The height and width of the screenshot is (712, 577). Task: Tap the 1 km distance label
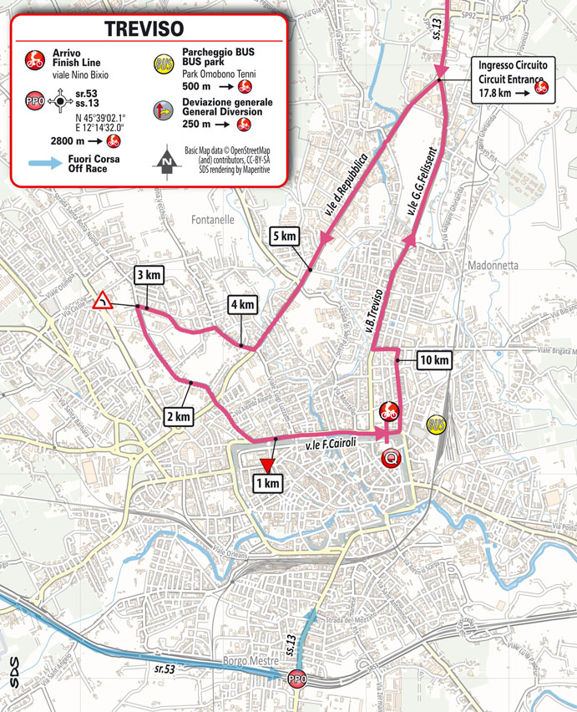(268, 483)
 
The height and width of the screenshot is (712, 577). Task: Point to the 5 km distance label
(284, 236)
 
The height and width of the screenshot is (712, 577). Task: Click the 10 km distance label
(434, 361)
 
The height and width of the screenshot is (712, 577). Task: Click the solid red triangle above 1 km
(267, 465)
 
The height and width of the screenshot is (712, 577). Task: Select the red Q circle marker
(389, 457)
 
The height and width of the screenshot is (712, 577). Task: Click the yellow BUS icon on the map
(435, 425)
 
